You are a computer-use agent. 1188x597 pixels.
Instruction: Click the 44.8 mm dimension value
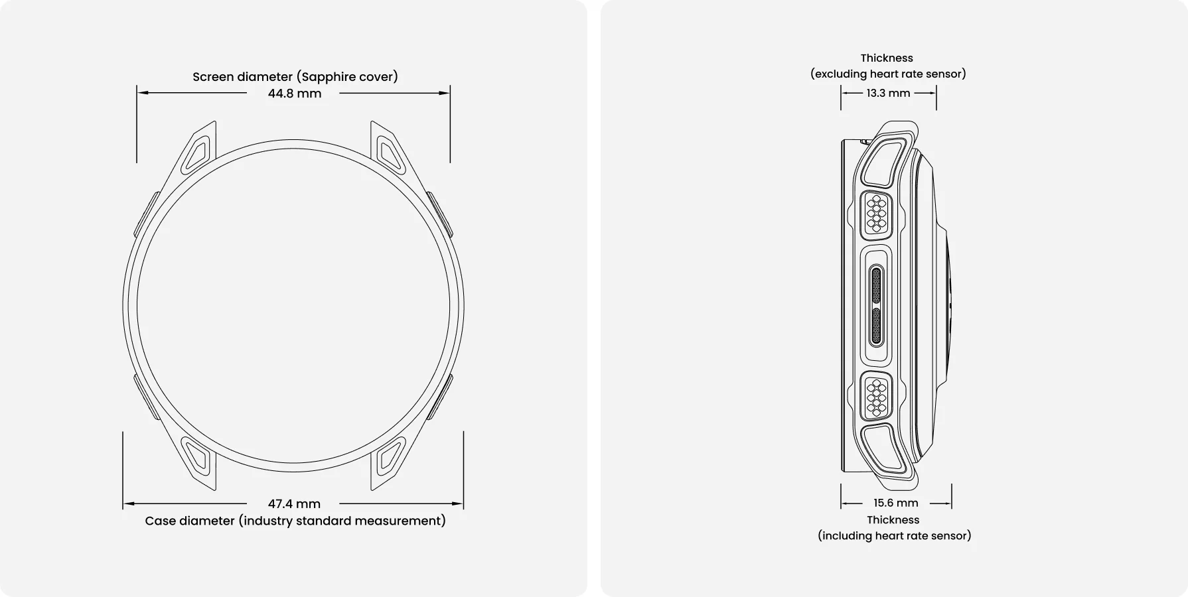[295, 94]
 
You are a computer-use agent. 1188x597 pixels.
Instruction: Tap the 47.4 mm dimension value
[294, 504]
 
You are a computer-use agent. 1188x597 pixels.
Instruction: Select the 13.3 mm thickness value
[888, 93]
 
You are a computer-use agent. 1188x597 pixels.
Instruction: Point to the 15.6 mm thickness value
[896, 503]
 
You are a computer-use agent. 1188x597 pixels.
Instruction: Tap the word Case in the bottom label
[160, 521]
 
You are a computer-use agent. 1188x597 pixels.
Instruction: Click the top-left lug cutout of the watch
[197, 153]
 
